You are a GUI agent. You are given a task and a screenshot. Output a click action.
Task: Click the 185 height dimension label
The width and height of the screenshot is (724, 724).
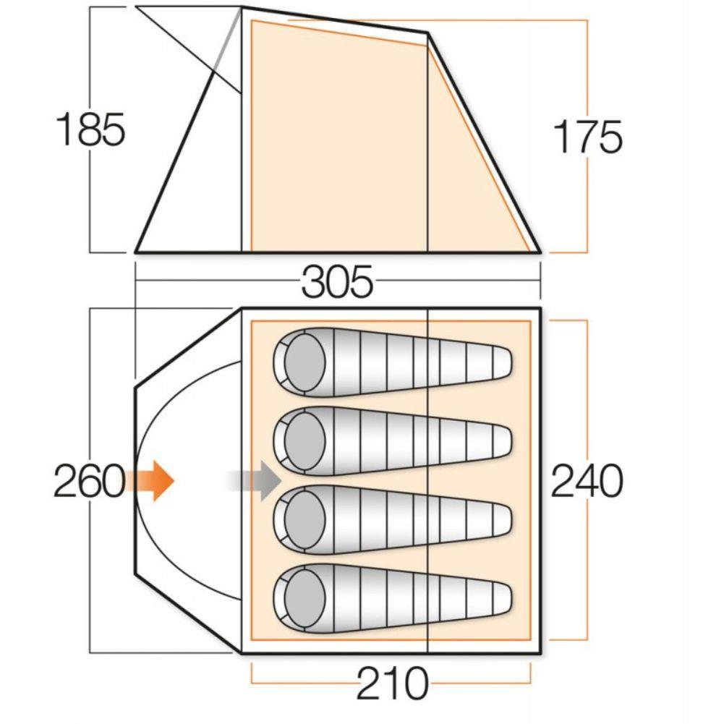click(x=91, y=131)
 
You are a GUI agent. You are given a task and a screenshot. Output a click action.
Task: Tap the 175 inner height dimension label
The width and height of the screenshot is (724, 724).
click(x=587, y=137)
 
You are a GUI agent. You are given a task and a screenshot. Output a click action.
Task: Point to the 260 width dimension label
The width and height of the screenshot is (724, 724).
click(x=89, y=481)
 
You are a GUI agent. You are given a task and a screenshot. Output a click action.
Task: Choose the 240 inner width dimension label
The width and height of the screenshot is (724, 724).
click(x=587, y=481)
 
